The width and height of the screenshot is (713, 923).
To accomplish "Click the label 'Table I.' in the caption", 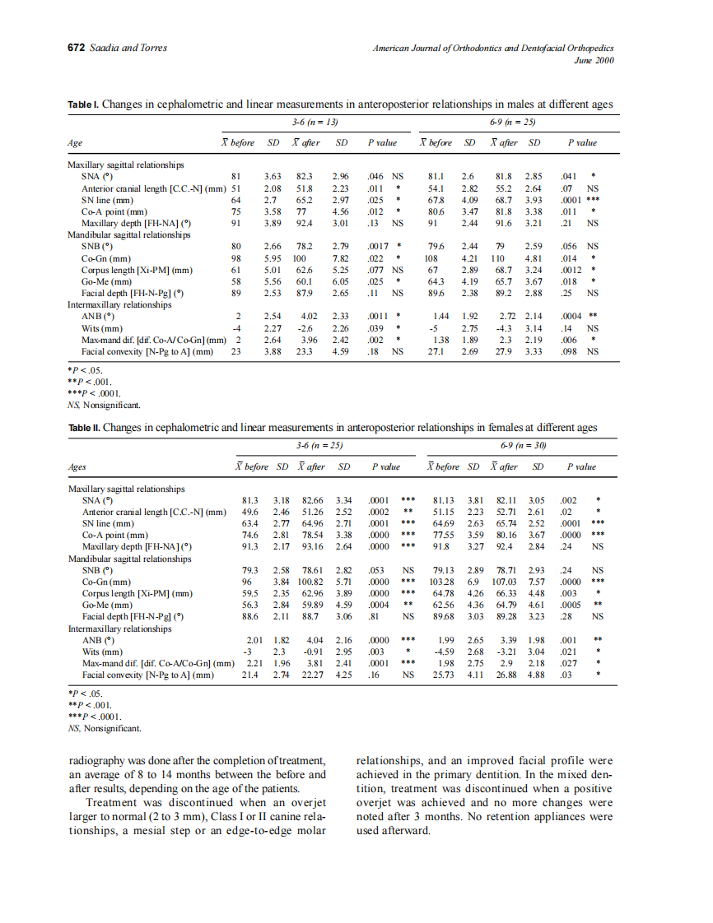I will pyautogui.click(x=83, y=104).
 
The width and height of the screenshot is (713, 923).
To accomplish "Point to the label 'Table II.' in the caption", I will pyautogui.click(x=85, y=428).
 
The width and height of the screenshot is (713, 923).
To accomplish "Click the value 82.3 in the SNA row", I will pyautogui.click(x=305, y=176).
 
